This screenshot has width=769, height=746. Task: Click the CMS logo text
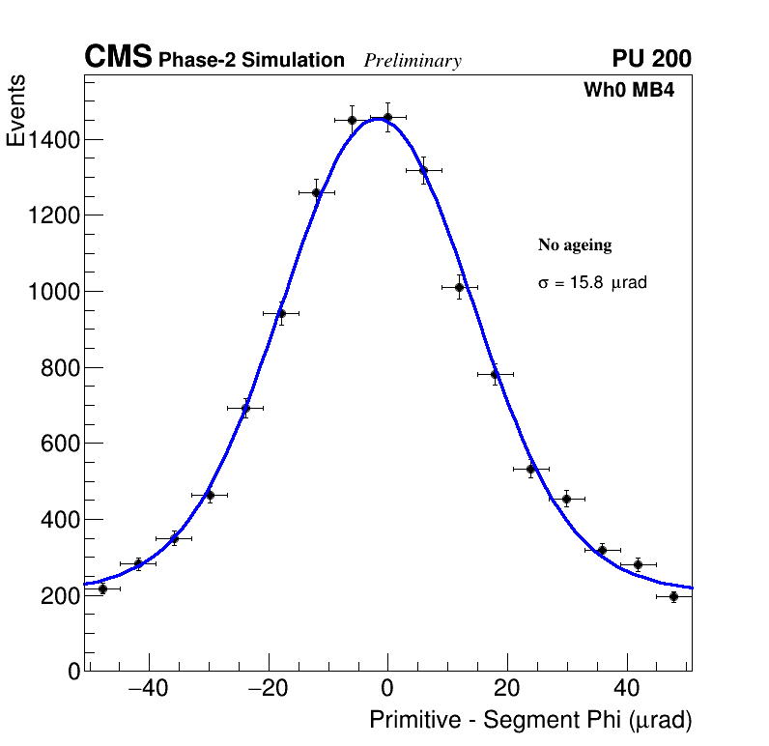coord(118,58)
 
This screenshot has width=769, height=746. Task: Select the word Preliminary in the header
coord(413,61)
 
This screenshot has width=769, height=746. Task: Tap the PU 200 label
coord(651,59)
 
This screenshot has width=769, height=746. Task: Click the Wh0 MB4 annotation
coord(628,91)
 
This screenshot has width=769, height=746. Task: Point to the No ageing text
coord(575,245)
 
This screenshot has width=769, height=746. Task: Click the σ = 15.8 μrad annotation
coord(592,284)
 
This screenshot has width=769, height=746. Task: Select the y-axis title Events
coord(16,111)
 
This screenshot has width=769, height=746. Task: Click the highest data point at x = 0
coord(387,118)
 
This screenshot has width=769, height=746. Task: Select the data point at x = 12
coord(460,287)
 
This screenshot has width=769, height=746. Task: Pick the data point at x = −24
coord(245,408)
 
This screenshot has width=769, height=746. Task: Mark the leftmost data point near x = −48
coord(102,588)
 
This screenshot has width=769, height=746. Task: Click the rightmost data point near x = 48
coord(673,596)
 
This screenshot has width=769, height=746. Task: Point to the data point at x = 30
coord(567,499)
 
